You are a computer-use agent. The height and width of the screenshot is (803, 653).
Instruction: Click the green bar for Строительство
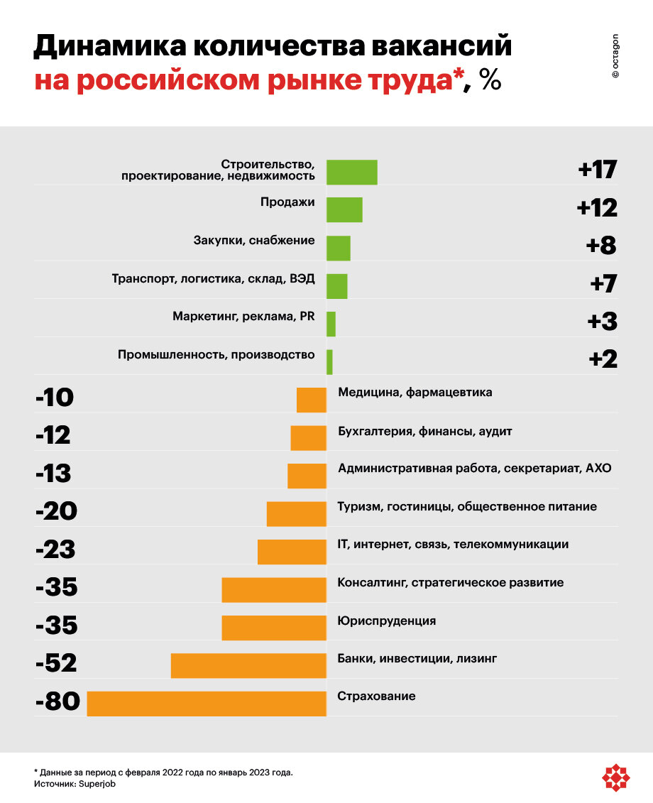coord(351,172)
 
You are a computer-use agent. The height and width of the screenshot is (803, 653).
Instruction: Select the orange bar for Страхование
coord(207,703)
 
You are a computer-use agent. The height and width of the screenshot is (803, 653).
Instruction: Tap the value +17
coord(597,170)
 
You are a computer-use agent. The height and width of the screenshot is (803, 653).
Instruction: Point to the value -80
coord(57,701)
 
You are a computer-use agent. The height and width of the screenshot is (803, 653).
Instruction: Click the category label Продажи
coord(287,202)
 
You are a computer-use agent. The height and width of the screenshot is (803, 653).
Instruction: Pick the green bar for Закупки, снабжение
coord(338,248)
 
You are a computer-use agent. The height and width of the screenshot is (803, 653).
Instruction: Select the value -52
coord(55,663)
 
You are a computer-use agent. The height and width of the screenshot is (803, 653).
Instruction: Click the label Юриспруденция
coord(387,621)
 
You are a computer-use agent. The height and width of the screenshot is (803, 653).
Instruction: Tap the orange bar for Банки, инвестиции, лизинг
coord(248,665)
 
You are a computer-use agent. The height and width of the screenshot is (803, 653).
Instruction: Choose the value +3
coord(602,322)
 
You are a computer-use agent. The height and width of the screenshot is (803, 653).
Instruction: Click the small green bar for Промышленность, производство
coord(329,361)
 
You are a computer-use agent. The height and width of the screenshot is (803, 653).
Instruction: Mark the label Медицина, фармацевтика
coord(415,392)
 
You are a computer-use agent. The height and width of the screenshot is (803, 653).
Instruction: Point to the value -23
coord(55,550)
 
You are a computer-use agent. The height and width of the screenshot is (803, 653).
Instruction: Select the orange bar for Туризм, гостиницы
coord(296,513)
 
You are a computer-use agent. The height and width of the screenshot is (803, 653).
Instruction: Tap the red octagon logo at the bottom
coord(616,777)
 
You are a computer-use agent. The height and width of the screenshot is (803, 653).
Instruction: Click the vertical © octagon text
coord(615,55)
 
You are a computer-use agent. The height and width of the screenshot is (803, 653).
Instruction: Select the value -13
coord(53,473)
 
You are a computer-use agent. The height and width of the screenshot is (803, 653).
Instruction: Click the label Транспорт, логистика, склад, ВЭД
coord(213,278)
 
